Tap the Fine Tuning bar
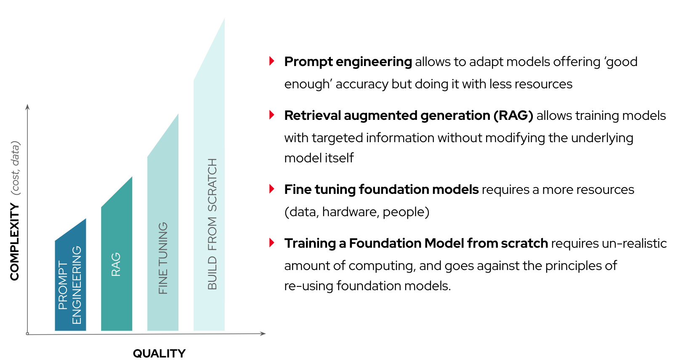[x=163, y=236]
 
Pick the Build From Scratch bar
[x=209, y=188]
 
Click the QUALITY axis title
[x=159, y=353]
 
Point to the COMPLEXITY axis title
[x=15, y=242]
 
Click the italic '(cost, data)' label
[x=15, y=168]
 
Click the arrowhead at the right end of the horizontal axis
[x=263, y=334]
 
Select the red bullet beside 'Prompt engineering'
[x=272, y=61]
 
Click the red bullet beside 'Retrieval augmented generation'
[x=272, y=115]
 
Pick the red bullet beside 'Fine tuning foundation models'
[x=272, y=189]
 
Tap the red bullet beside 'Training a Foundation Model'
[x=272, y=243]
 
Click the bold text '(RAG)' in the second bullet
[x=513, y=116]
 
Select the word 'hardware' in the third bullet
[x=351, y=212]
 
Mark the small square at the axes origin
[x=27, y=334]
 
